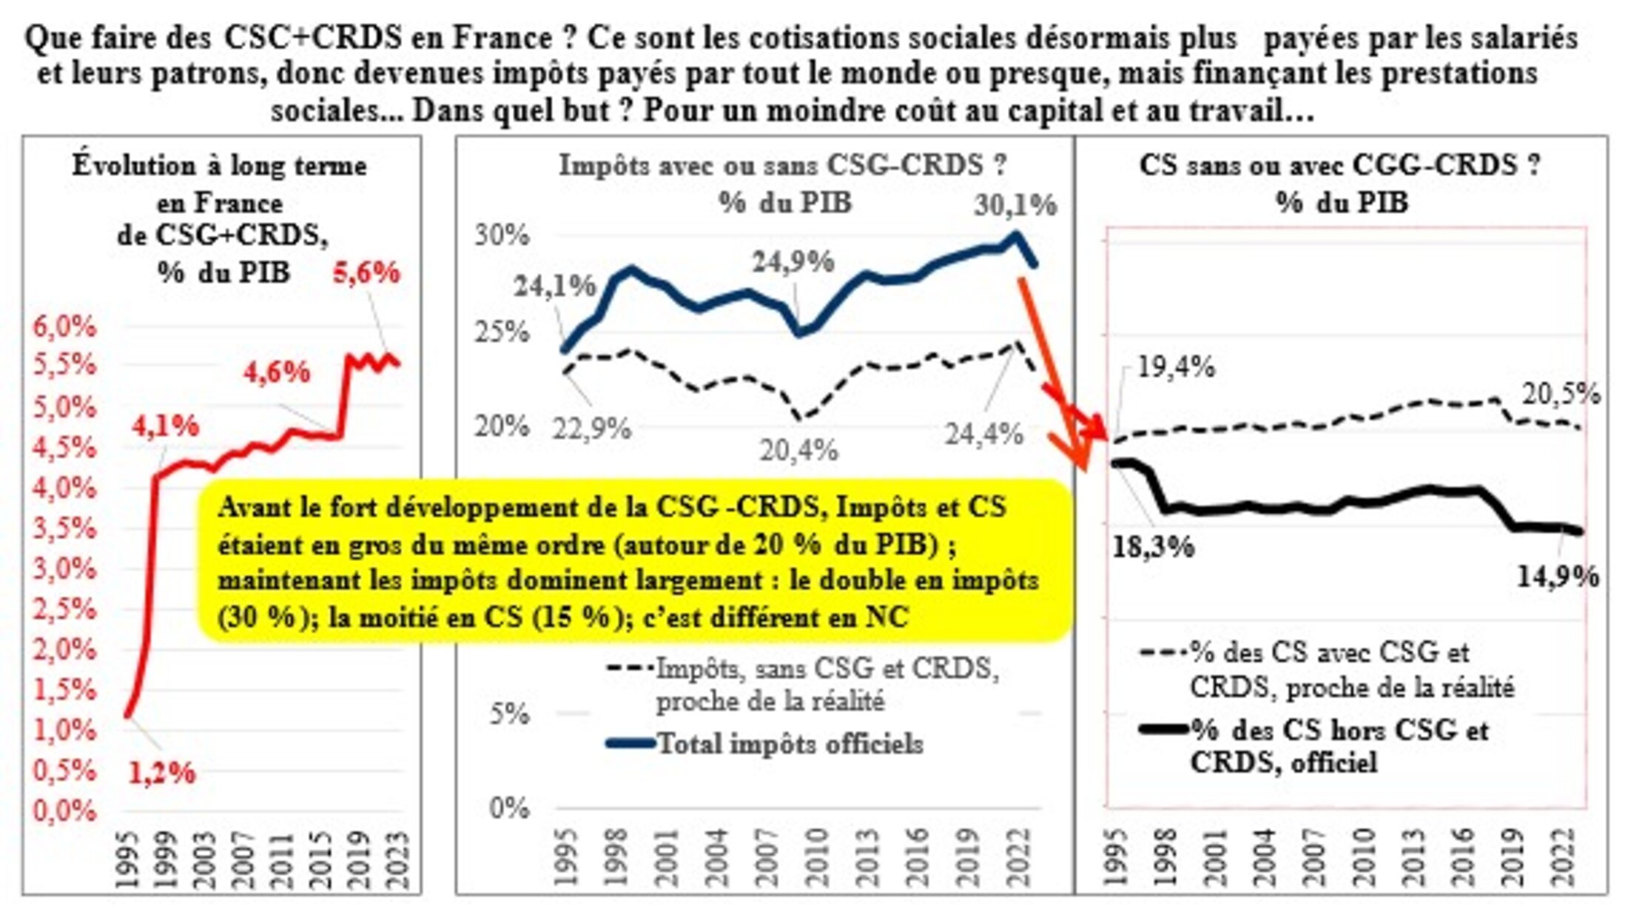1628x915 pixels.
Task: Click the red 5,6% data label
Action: click(x=366, y=273)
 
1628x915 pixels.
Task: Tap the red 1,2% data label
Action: click(x=161, y=773)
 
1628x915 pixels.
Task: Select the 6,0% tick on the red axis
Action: click(x=65, y=326)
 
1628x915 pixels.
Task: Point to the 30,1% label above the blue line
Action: click(x=1015, y=205)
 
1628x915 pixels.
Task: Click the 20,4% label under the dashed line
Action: click(x=798, y=450)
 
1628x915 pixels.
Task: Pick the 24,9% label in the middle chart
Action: click(x=793, y=262)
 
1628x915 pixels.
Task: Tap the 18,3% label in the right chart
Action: click(x=1153, y=547)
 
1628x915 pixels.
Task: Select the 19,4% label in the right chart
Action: click(x=1175, y=366)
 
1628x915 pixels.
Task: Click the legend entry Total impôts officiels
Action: click(x=790, y=743)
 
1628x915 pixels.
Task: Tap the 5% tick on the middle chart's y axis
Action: click(x=509, y=714)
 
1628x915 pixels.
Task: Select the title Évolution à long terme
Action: click(x=220, y=165)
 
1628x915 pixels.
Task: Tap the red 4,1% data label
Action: click(x=166, y=426)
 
